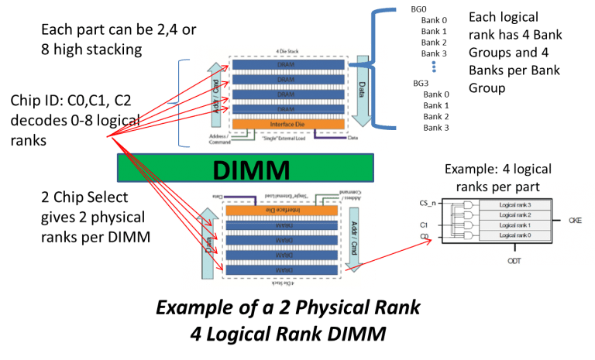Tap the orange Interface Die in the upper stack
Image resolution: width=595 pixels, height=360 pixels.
(284, 124)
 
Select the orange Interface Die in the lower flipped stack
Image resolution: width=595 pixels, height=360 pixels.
(284, 211)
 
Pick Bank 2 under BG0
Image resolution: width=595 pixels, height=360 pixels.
(434, 42)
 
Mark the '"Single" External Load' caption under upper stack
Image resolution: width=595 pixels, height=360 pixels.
(280, 138)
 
